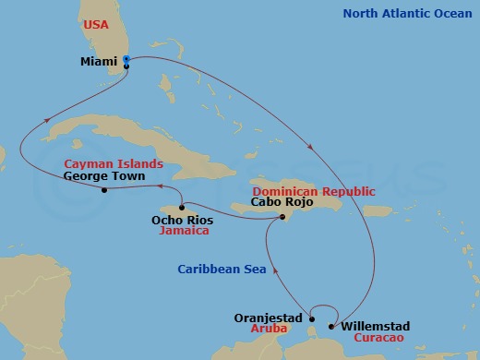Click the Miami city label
(x=99, y=62)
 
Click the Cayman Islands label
(x=114, y=163)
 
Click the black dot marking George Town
(x=104, y=191)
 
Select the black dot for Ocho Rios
(x=182, y=207)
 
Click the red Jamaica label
(x=183, y=231)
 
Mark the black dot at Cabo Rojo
(x=282, y=218)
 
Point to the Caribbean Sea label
(x=222, y=270)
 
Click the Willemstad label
(x=377, y=327)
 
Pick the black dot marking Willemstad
(x=331, y=327)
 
